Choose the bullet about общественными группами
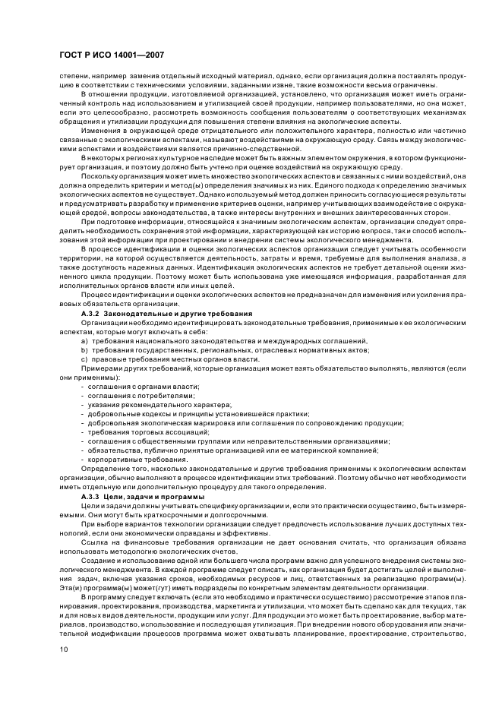click(235, 441)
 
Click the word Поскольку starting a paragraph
click(99, 176)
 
